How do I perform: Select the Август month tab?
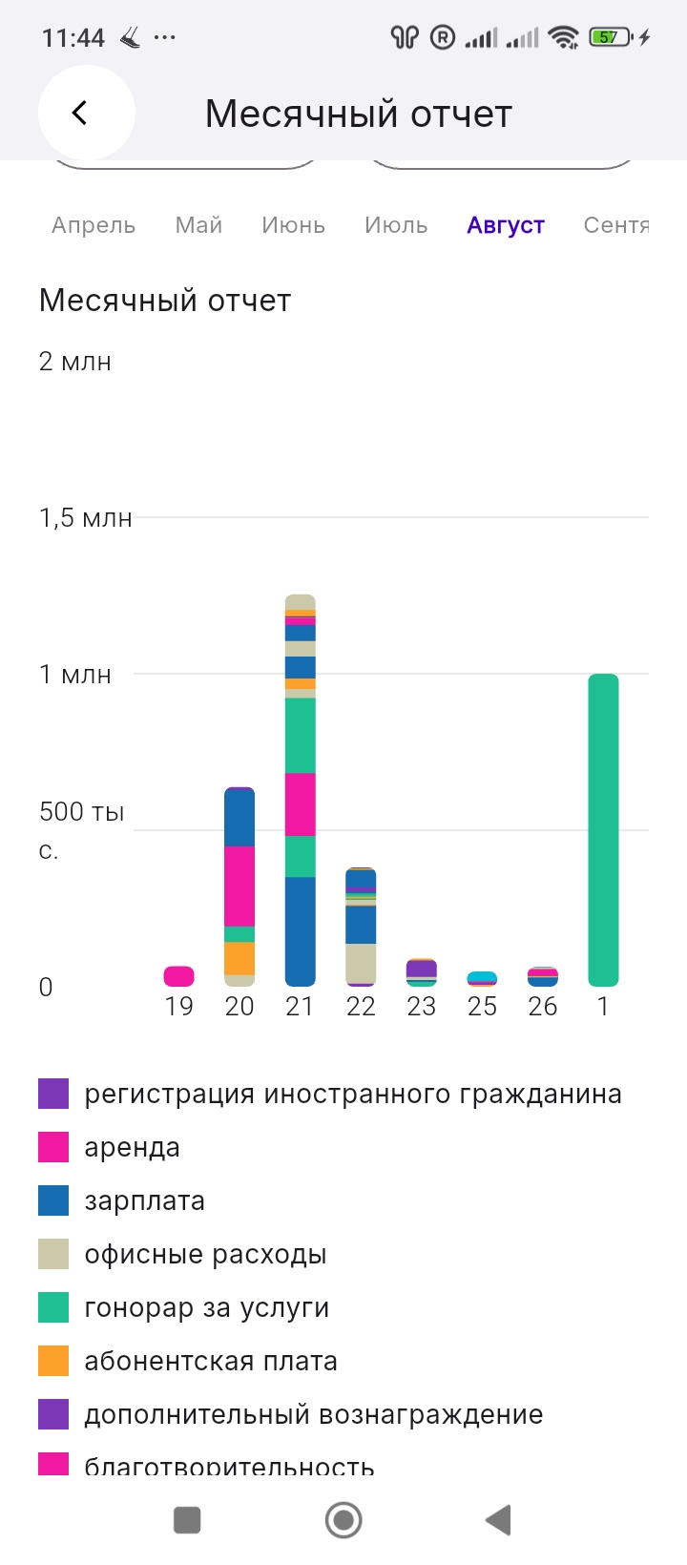(x=506, y=225)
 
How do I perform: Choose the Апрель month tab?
(x=94, y=225)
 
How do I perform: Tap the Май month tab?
(x=198, y=225)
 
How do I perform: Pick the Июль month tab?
(x=396, y=225)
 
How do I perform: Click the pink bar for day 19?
(x=179, y=975)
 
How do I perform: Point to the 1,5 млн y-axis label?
(x=85, y=518)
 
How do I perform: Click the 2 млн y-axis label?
(x=74, y=362)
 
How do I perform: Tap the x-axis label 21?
(x=300, y=1007)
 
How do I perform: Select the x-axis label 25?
(x=482, y=1007)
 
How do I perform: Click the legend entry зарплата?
(x=144, y=1200)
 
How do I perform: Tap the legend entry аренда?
(x=132, y=1147)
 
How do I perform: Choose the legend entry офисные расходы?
(x=205, y=1254)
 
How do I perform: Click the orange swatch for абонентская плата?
(x=53, y=1361)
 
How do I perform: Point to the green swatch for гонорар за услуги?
(x=53, y=1307)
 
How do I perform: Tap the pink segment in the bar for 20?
(x=239, y=886)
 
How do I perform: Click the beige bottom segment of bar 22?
(x=361, y=962)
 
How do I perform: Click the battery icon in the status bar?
(x=610, y=37)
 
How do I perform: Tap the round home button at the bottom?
(x=343, y=1519)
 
